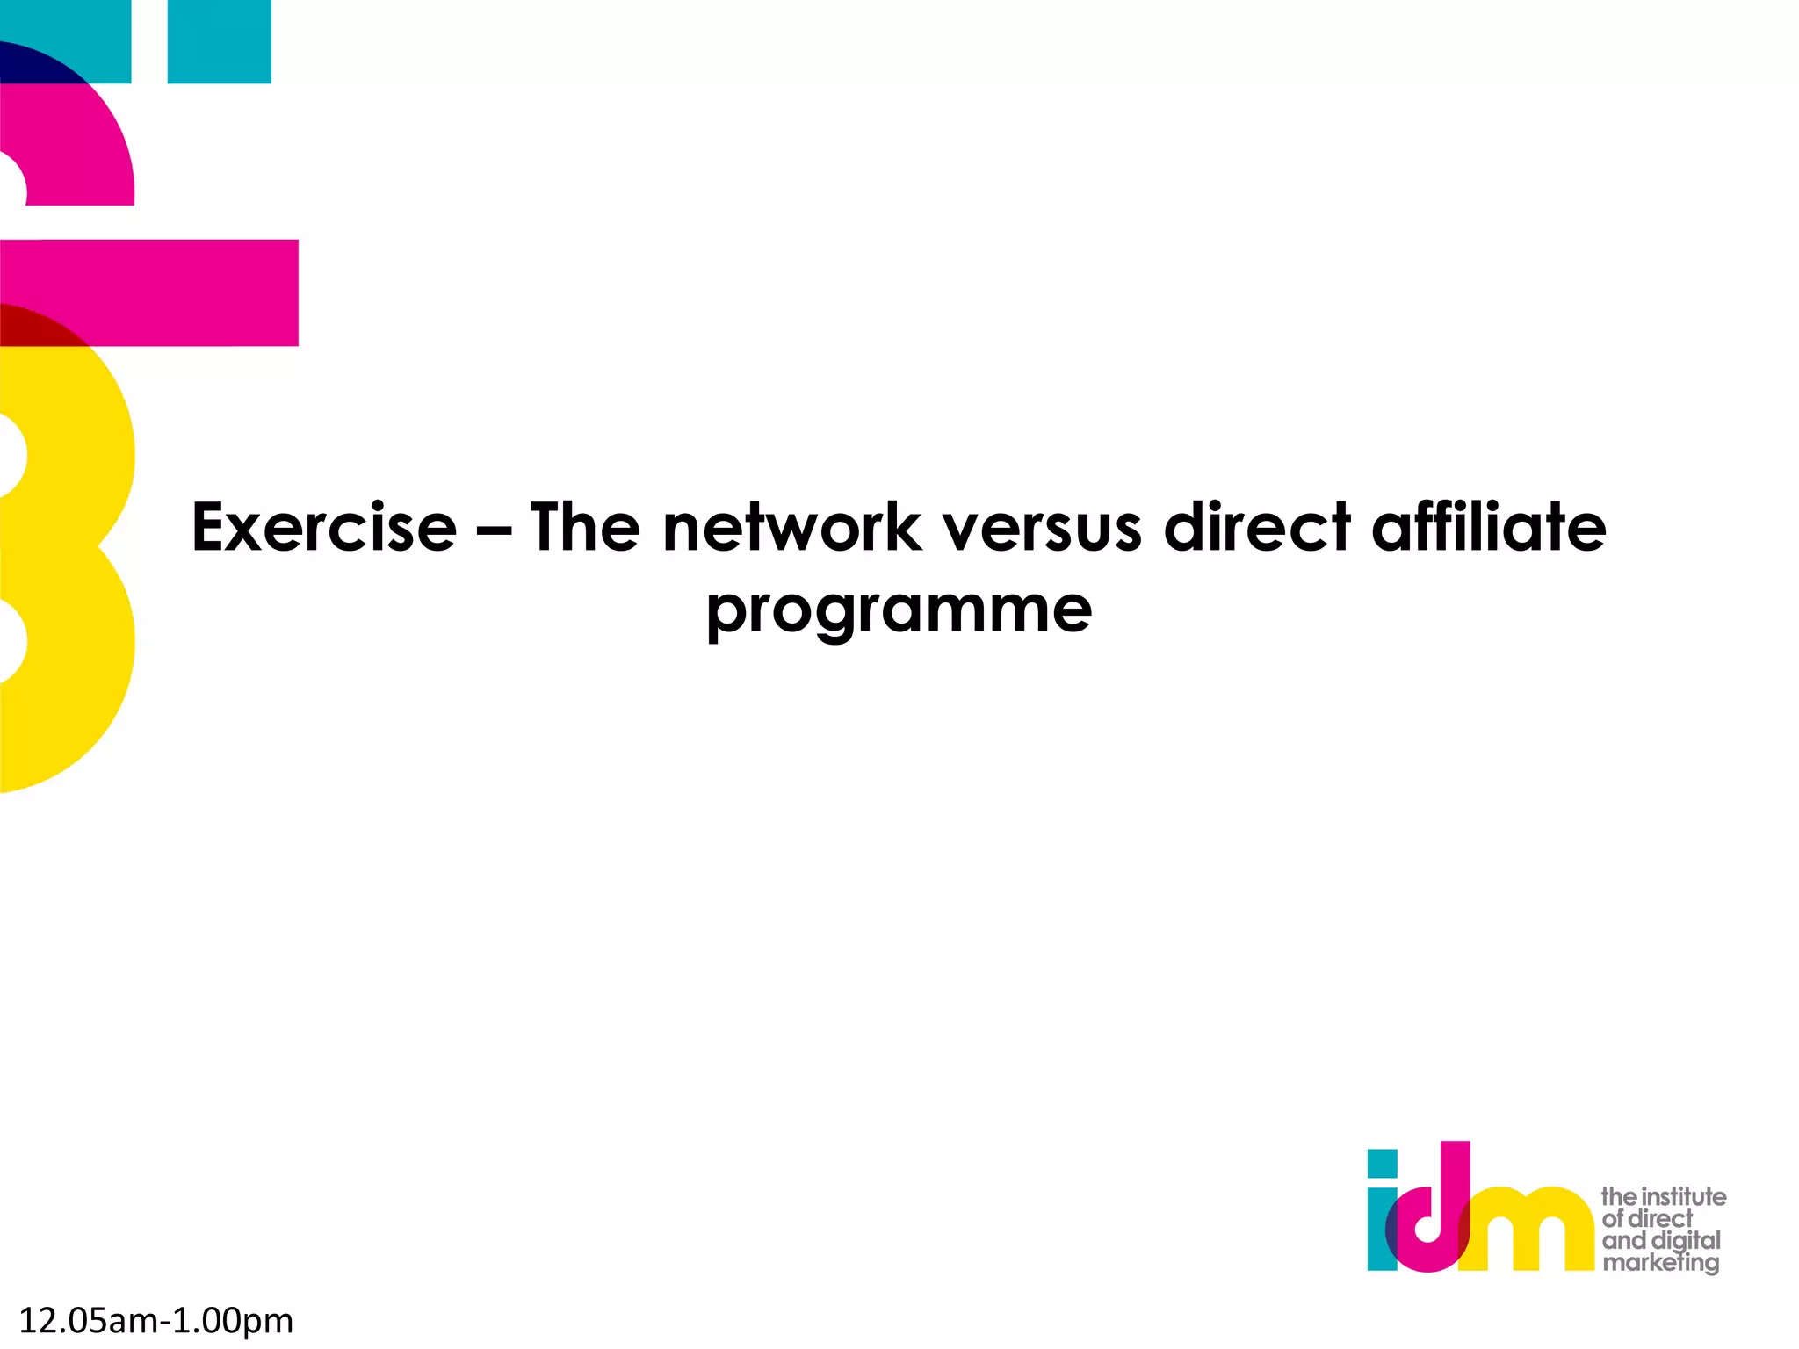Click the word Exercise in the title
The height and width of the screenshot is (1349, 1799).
[324, 528]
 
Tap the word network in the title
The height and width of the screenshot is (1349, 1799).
[791, 528]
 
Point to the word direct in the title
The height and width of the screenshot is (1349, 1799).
[1257, 528]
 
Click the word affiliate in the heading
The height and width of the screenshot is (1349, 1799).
[1489, 528]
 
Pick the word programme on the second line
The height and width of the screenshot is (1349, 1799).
[899, 610]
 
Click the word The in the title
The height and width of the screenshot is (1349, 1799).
[585, 528]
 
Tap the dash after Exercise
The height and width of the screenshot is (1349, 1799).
[494, 530]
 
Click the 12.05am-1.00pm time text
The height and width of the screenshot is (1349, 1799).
[156, 1320]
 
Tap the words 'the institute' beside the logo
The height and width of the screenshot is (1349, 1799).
[1663, 1196]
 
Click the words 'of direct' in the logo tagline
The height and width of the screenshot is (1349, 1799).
[1646, 1218]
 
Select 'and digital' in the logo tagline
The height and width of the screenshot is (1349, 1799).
[1660, 1240]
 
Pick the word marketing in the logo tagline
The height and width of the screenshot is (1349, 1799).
[1660, 1263]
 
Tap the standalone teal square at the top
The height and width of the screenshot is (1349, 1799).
[219, 41]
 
